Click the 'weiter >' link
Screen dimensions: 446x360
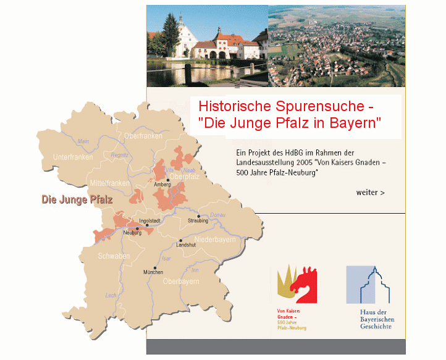tap(370, 193)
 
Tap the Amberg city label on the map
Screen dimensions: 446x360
tap(162, 184)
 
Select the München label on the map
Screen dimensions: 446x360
tap(153, 272)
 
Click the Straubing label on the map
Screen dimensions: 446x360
tap(198, 220)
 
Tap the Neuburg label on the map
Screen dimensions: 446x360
tap(132, 233)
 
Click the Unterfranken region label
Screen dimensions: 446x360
tap(73, 157)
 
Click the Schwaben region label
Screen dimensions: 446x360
tap(113, 256)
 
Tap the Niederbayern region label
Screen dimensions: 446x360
tap(215, 240)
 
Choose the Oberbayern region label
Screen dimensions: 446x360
tap(181, 282)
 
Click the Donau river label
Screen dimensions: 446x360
tap(217, 214)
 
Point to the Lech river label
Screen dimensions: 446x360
tap(111, 296)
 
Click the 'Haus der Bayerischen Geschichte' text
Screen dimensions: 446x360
tap(376, 319)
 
